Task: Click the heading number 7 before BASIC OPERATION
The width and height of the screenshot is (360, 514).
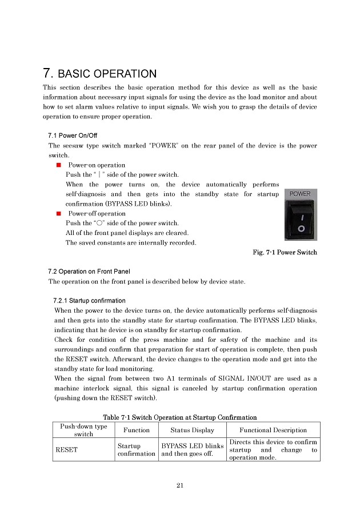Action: click(48, 74)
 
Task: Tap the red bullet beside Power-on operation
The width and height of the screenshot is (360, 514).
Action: click(59, 165)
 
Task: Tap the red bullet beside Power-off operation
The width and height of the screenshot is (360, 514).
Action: click(59, 213)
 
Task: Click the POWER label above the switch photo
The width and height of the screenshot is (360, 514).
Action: click(300, 194)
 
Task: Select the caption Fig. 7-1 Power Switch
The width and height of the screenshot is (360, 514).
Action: click(284, 252)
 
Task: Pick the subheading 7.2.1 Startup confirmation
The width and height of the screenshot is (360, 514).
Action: click(89, 301)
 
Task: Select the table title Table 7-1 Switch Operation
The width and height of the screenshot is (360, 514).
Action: click(180, 417)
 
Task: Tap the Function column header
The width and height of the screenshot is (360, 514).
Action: click(136, 430)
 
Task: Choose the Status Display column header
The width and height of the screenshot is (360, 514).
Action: click(193, 430)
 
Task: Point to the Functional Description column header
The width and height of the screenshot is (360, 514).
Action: click(273, 430)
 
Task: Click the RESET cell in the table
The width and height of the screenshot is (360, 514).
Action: click(66, 449)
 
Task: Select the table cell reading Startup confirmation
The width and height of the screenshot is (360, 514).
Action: click(136, 449)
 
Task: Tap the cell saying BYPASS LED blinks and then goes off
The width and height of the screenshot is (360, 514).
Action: click(193, 449)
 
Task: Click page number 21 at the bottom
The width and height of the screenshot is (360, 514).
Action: click(179, 485)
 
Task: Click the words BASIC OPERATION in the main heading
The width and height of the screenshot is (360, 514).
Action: click(107, 74)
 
